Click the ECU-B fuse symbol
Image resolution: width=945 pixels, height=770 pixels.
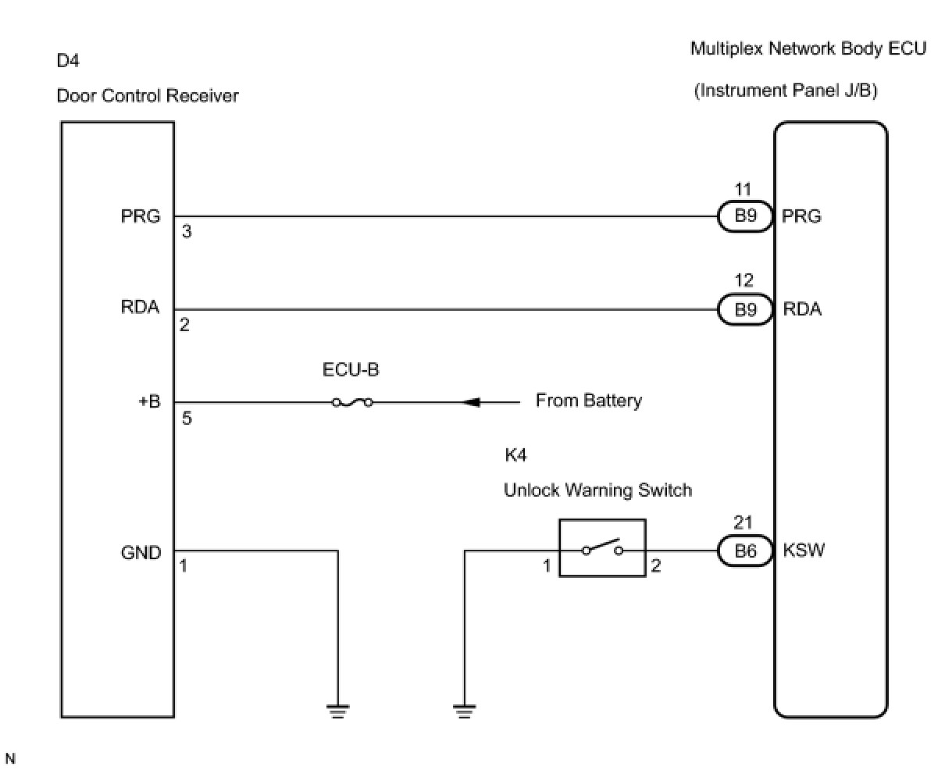(352, 403)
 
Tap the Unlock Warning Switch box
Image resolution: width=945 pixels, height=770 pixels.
(602, 548)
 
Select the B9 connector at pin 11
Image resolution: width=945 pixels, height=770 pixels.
(745, 216)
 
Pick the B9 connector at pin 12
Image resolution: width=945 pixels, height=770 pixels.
(745, 310)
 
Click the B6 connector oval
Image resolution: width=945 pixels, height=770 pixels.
(745, 551)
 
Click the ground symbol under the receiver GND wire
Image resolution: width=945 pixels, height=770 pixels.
(338, 710)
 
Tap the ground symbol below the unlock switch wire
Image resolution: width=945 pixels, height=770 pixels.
(464, 710)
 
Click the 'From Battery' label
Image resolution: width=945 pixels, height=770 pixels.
(588, 401)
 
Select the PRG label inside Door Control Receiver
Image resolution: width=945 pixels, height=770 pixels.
(141, 216)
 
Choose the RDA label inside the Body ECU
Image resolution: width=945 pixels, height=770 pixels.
(802, 309)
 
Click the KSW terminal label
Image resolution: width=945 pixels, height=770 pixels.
(804, 551)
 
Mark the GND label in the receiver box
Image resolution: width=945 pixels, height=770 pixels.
(141, 553)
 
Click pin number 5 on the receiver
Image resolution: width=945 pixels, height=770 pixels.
(187, 419)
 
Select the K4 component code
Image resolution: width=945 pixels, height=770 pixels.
(515, 455)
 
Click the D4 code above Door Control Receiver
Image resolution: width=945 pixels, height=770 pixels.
(68, 60)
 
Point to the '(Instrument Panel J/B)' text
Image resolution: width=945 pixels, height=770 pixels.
(786, 91)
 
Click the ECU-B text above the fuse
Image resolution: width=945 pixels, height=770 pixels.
(351, 370)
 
